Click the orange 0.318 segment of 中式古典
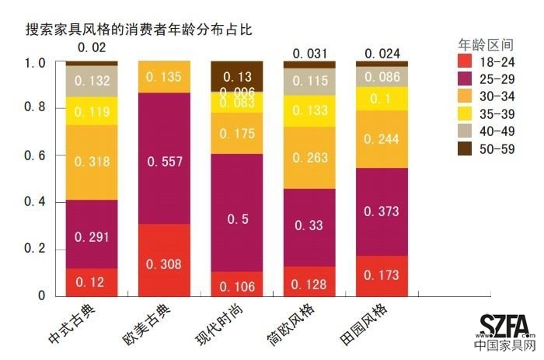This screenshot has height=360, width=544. (92, 163)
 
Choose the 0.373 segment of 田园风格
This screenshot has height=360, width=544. (382, 211)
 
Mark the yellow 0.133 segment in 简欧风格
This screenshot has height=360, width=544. (309, 110)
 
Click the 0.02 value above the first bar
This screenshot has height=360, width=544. (92, 47)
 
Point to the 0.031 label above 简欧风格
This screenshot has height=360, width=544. (309, 53)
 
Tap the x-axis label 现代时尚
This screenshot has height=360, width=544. (221, 327)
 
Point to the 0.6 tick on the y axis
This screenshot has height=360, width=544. (37, 156)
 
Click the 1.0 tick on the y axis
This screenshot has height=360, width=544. (37, 62)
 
